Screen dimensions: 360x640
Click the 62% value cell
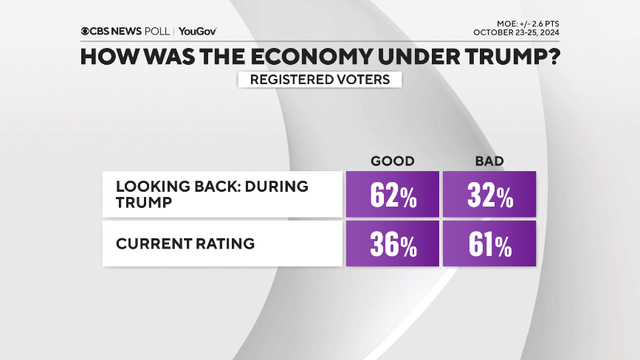coord(392,195)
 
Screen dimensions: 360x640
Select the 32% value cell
coord(489,195)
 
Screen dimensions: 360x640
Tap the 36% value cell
coord(392,245)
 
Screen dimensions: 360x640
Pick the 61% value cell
coord(489,245)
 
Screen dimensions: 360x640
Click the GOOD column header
coord(392,161)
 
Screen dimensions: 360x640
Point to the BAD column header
coord(489,161)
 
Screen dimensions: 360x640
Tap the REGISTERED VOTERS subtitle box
coord(320,79)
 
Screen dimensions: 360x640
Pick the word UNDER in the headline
coord(411,57)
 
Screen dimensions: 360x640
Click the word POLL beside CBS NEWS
coord(155,32)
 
